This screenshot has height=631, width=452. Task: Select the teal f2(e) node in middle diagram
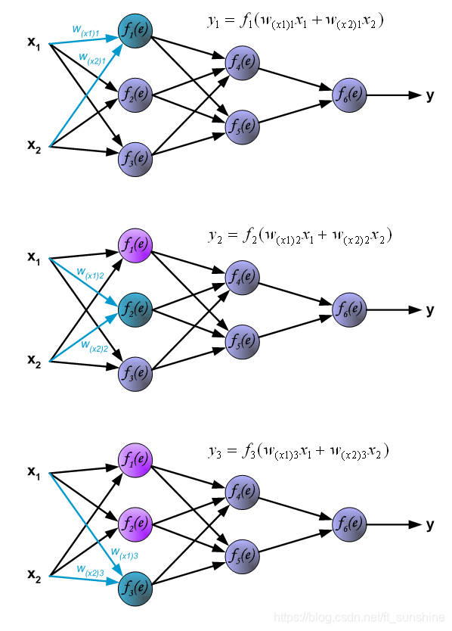pos(136,309)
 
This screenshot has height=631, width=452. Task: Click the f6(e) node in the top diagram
pos(350,95)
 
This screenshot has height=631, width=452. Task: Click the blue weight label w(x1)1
pos(85,31)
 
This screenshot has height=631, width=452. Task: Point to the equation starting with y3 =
pos(298,452)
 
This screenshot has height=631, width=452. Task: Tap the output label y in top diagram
pos(430,95)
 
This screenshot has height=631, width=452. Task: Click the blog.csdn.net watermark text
pos(358,619)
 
